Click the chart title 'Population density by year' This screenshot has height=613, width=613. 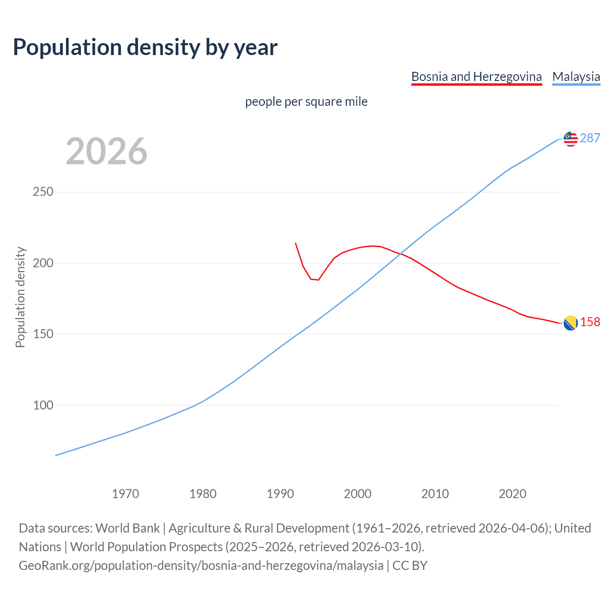pos(145,47)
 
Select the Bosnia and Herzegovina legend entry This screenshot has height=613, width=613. pos(477,77)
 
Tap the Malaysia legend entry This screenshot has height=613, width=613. pos(576,77)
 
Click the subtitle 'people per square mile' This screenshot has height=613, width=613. pos(306,102)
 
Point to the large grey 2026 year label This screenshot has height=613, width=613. pos(106,151)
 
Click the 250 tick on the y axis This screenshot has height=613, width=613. pos(43,192)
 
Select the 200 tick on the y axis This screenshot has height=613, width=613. pos(43,263)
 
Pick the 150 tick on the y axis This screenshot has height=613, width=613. pos(43,334)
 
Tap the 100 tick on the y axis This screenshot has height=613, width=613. pos(43,405)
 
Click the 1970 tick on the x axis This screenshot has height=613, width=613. pos(125,494)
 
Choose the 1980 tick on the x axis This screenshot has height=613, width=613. pos(203,494)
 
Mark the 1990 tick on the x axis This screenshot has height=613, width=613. pos(280,494)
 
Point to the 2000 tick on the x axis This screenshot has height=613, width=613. pos(358,494)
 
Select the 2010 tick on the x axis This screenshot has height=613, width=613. pos(435,494)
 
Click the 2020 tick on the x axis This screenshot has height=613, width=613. pos(512,494)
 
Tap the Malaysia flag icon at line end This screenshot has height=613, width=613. pos(570,139)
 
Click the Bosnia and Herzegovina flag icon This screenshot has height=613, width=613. pos(570,323)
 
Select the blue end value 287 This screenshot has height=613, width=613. pos(590,138)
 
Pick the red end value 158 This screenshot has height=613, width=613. pos(590,322)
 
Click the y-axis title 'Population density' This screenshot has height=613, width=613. pos(20,297)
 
